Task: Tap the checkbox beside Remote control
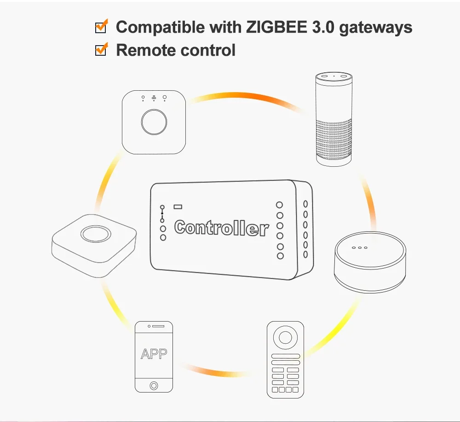pos(100,50)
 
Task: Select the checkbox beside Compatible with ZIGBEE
pos(100,27)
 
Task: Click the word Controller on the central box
pos(221,228)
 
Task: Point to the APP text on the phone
pos(154,354)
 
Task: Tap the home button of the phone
pos(154,385)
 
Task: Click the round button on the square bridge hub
pos(154,122)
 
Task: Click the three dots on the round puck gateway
pos(359,247)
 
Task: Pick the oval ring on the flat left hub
pos(94,234)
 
